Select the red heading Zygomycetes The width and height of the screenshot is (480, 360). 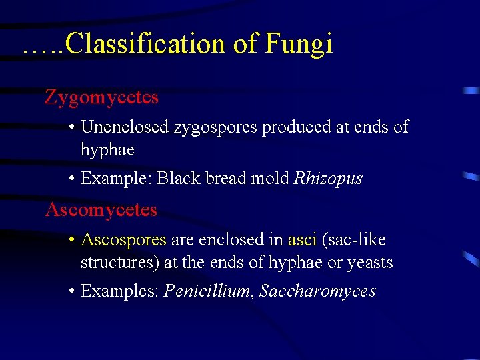click(x=101, y=97)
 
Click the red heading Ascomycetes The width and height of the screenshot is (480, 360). click(x=101, y=210)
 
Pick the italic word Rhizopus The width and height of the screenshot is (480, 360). click(x=328, y=179)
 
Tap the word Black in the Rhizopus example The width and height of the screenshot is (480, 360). click(x=174, y=179)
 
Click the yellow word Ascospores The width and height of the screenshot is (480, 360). click(x=123, y=240)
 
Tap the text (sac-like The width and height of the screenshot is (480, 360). click(x=354, y=239)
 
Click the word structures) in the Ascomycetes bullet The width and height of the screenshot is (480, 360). click(x=119, y=263)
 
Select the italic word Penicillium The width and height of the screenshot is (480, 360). click(x=207, y=291)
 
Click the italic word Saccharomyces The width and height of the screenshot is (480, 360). click(x=317, y=292)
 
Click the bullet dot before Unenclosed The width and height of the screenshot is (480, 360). click(x=71, y=127)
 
